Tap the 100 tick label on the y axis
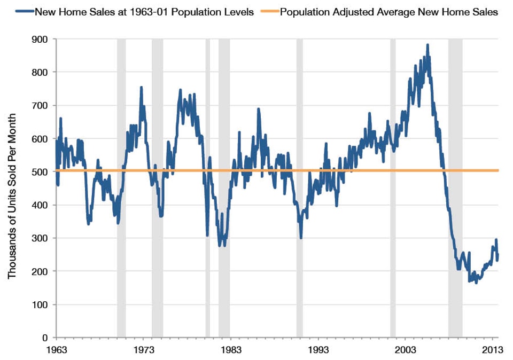[41, 304]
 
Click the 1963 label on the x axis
[56, 349]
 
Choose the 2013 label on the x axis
[492, 349]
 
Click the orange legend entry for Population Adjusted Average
[383, 12]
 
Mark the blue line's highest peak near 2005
[428, 45]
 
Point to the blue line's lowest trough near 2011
[476, 283]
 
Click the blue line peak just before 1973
[141, 87]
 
